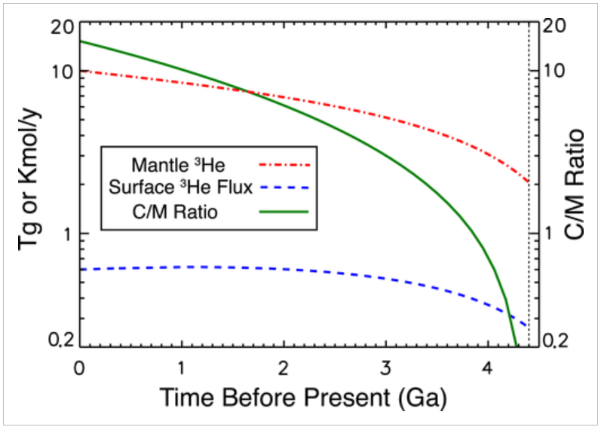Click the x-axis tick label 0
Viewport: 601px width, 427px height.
click(79, 367)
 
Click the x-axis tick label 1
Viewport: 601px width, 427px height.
click(181, 367)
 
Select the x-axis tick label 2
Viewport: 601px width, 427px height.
click(284, 367)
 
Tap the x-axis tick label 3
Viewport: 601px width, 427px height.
click(385, 367)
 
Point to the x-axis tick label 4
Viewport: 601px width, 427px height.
click(488, 367)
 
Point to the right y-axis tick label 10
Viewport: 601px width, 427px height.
click(550, 72)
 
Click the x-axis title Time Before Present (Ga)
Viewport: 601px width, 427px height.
click(304, 398)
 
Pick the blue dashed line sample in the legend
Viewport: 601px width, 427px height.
click(284, 188)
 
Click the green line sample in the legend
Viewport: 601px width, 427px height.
click(284, 212)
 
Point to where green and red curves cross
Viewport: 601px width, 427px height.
click(247, 91)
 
